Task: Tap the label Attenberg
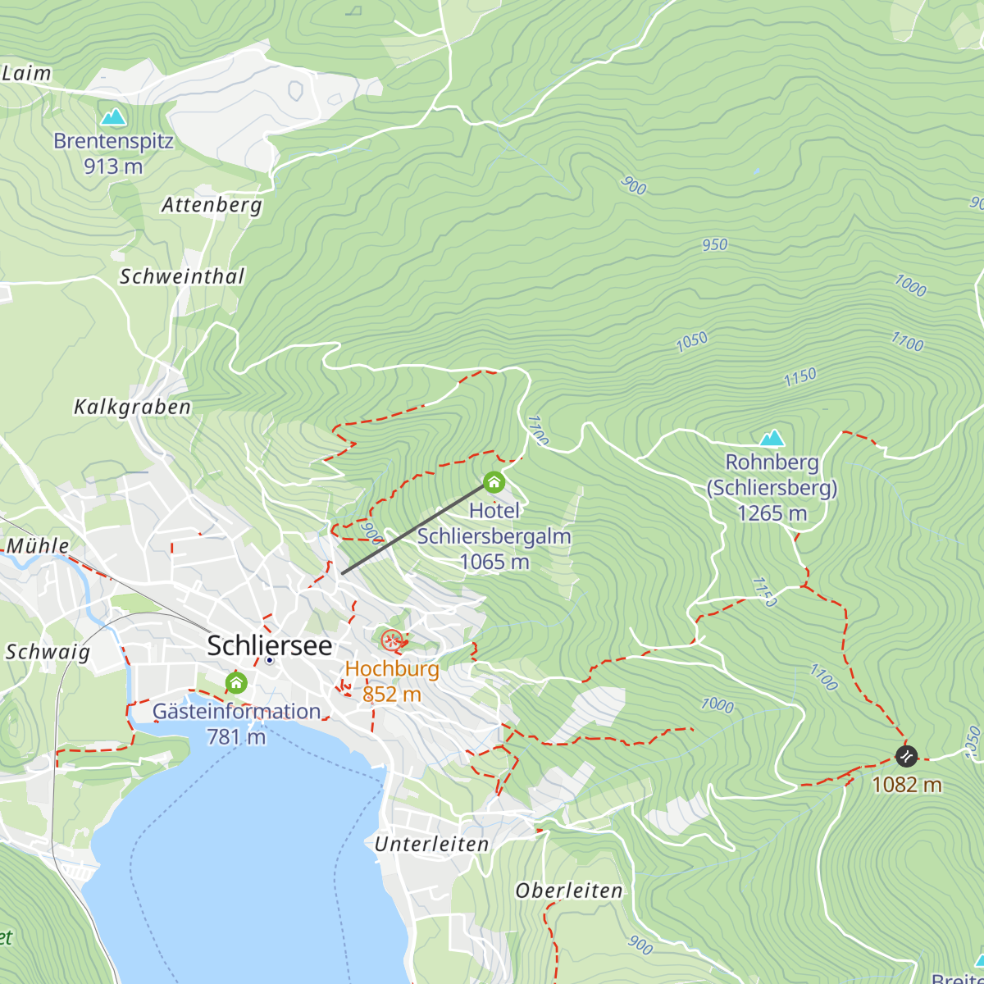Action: (x=212, y=204)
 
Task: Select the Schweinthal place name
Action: (x=182, y=276)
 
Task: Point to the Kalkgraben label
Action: (x=132, y=407)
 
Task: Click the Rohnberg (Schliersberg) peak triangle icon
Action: (x=772, y=438)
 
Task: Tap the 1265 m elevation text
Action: (x=772, y=513)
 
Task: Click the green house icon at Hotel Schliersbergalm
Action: (x=494, y=482)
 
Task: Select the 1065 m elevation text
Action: (x=494, y=562)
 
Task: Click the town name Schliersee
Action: (x=270, y=645)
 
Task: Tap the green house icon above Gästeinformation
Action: (x=236, y=682)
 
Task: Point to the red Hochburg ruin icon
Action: (x=392, y=640)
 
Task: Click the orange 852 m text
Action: (x=392, y=694)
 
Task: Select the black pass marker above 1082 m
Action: (x=906, y=755)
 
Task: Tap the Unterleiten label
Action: (x=431, y=844)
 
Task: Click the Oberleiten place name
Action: (x=569, y=891)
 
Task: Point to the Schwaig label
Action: (x=48, y=652)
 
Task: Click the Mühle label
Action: (x=38, y=545)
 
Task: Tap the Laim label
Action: (x=26, y=73)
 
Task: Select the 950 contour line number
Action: (x=714, y=244)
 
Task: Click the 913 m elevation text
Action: (x=113, y=166)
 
